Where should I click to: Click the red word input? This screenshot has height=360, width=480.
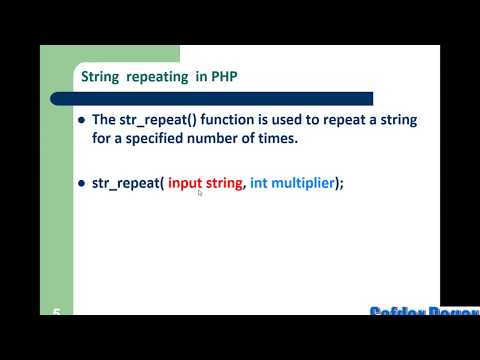pos(184,184)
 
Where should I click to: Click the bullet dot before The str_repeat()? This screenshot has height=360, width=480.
pos(81,120)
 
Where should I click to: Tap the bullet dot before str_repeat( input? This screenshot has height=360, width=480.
pos(81,185)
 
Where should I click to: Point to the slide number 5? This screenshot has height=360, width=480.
pos(57,312)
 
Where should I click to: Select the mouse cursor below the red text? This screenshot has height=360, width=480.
pos(200,194)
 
